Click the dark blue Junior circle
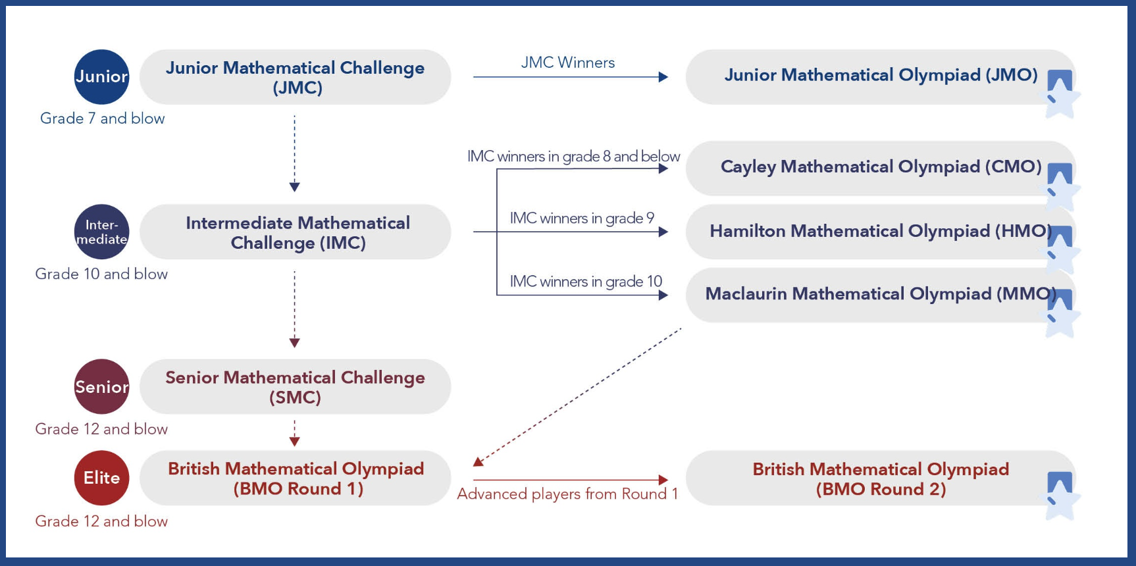(101, 77)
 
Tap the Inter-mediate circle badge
(101, 232)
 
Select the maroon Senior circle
(101, 386)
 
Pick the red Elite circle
(101, 478)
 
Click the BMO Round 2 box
(880, 478)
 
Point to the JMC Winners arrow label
(568, 63)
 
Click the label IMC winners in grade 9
(582, 218)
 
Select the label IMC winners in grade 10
(586, 281)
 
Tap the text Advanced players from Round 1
(567, 494)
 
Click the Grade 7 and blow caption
(102, 118)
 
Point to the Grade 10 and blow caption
(101, 274)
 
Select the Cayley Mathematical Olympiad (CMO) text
(881, 167)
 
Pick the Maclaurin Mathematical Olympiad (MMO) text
(881, 294)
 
